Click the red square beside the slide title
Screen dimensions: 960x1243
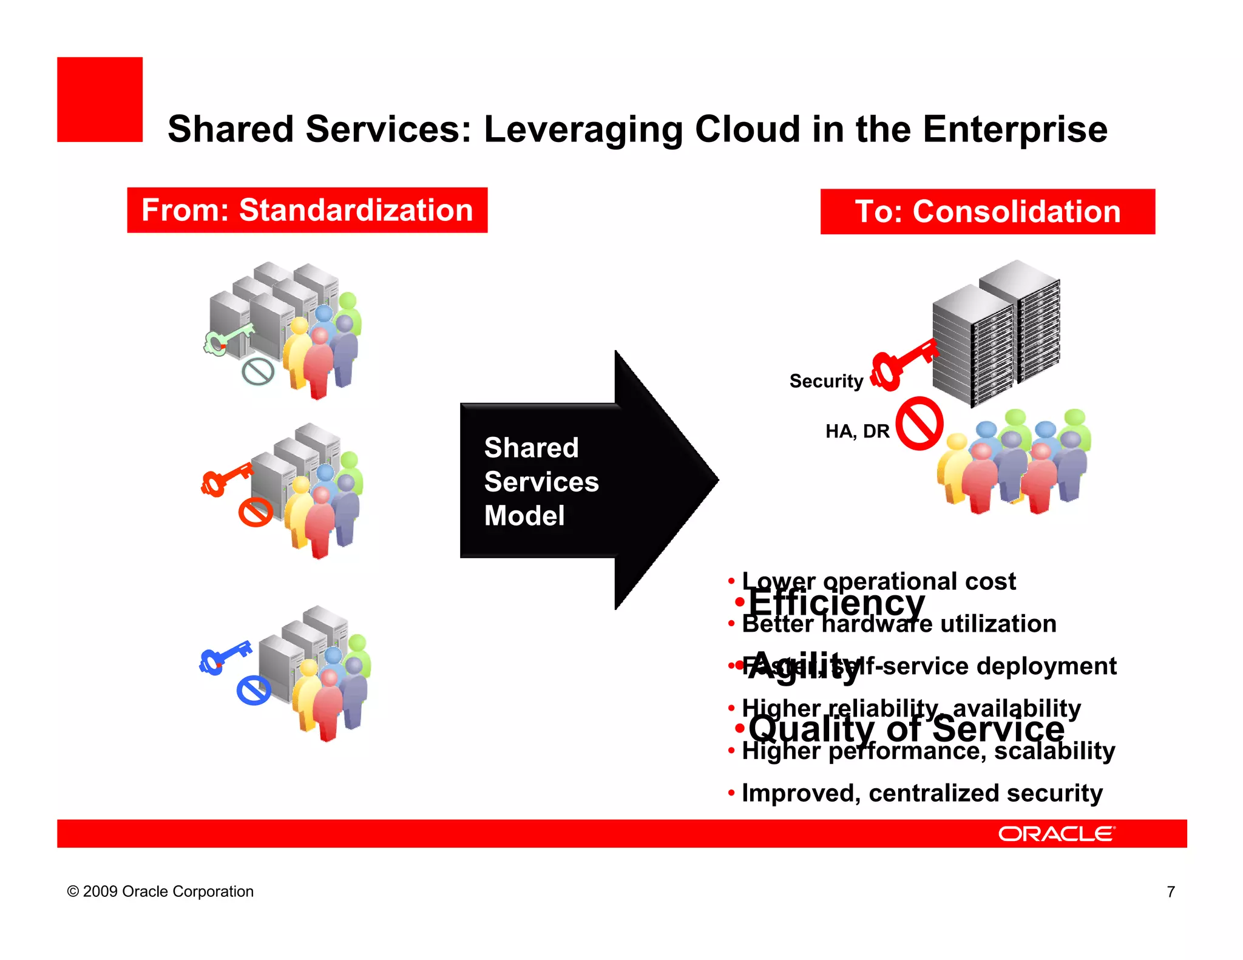[x=100, y=100]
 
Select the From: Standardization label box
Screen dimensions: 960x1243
[x=307, y=210]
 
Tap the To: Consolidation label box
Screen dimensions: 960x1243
[x=987, y=212]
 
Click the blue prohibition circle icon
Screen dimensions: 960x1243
[x=254, y=690]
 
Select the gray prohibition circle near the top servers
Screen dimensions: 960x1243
[x=258, y=371]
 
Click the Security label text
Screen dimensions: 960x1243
[x=826, y=381]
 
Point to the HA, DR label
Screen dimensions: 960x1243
[x=857, y=431]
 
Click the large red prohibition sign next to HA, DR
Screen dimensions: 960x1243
[x=920, y=424]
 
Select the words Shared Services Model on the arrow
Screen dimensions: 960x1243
[x=540, y=481]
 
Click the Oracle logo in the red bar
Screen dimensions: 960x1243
[x=1056, y=834]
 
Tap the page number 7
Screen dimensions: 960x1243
[x=1171, y=891]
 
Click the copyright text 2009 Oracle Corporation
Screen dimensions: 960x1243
[x=161, y=891]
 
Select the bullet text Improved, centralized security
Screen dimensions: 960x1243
[x=921, y=793]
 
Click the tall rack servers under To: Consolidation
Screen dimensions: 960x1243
[x=995, y=334]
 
